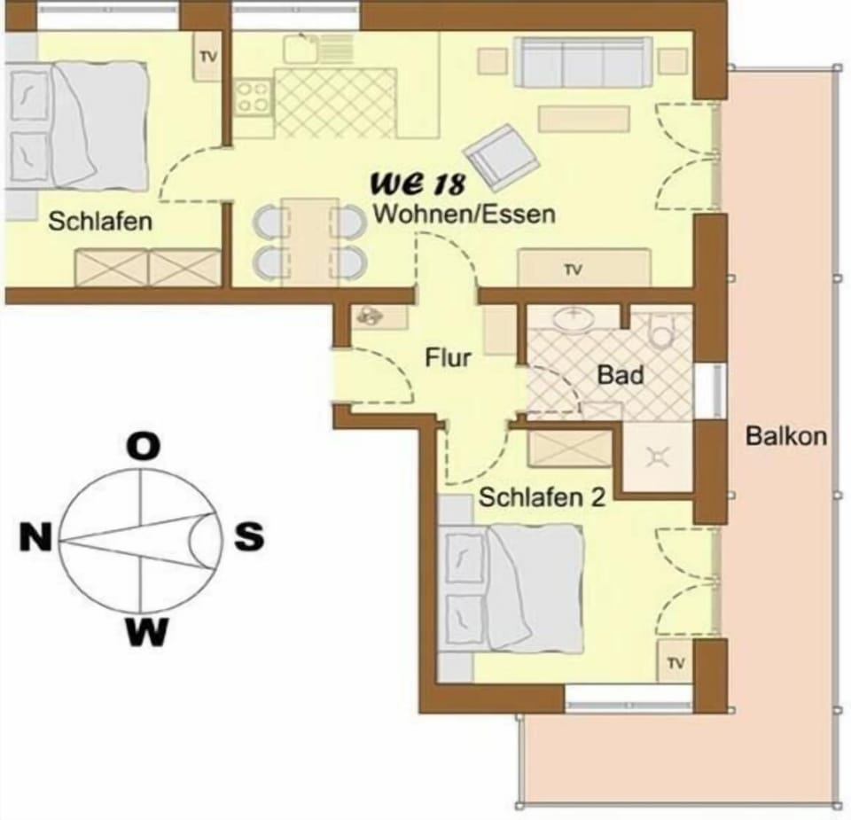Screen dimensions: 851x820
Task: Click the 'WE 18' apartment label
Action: [418, 184]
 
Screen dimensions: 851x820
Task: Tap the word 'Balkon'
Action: [786, 436]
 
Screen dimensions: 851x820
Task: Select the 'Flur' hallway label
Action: [448, 358]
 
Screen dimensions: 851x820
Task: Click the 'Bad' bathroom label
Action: [621, 375]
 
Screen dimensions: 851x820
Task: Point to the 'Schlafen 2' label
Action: [542, 497]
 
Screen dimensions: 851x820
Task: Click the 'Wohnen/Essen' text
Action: [465, 214]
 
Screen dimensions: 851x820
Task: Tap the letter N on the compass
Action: [35, 537]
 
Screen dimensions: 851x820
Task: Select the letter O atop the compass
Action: [144, 447]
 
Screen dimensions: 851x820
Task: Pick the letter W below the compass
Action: [146, 631]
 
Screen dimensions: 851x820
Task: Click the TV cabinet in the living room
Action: [584, 268]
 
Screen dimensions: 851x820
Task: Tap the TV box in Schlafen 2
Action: [675, 661]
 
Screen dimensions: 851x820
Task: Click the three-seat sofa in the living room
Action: [583, 62]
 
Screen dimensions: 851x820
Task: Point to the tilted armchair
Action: [502, 156]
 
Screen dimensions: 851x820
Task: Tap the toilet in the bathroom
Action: [661, 331]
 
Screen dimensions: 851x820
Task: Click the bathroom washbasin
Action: [574, 317]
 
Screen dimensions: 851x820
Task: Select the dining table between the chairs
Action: [309, 241]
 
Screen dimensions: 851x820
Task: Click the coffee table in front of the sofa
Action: [584, 119]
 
